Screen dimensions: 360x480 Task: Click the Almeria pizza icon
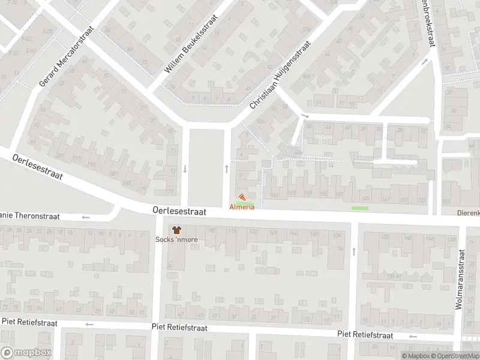tap(242, 197)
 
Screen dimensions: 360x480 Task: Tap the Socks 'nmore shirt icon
tap(176, 230)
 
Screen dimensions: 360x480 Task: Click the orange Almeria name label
tap(242, 207)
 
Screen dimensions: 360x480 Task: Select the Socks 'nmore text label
tap(176, 240)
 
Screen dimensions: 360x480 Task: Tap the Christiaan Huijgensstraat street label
tap(280, 74)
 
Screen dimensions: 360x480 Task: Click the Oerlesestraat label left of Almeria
tap(179, 212)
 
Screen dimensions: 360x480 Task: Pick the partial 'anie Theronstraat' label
tap(30, 217)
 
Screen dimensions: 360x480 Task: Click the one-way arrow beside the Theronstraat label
tap(86, 217)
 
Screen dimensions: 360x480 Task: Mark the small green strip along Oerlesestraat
tap(359, 208)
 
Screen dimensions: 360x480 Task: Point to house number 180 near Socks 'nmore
tap(211, 230)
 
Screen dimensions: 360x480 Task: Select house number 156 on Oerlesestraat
tap(337, 234)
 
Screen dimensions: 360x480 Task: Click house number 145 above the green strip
tap(365, 199)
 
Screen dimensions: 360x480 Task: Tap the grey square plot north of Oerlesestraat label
tap(206, 166)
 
